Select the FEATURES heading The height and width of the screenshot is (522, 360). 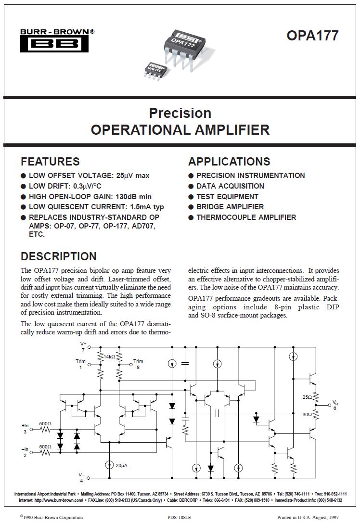pos(50,162)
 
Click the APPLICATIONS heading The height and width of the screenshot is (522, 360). pos(229,162)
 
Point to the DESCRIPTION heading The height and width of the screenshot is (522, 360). pos(59,256)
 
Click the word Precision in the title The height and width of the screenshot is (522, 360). pos(180,113)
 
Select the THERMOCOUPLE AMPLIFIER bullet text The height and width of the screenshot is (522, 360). pos(246,217)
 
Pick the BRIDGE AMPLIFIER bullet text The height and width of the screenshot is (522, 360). pos(230,207)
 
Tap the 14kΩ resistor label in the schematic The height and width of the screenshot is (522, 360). pos(110,357)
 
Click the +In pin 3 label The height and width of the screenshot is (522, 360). pos(26,428)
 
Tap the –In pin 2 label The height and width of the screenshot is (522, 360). pos(26,451)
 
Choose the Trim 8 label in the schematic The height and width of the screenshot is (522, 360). pos(138,364)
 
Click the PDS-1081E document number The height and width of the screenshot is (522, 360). pos(180,516)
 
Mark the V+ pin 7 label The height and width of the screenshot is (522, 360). pos(83,347)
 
